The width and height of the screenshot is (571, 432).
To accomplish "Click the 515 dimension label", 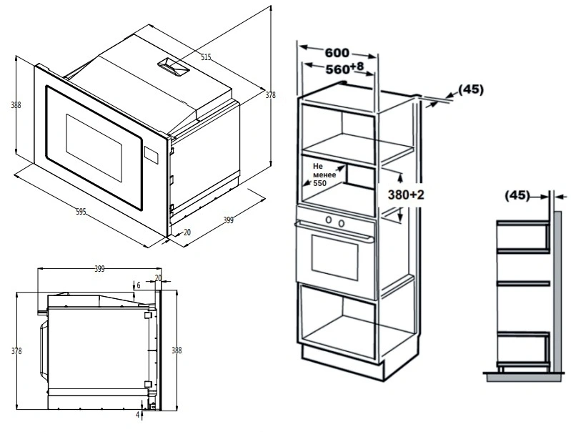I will click(x=207, y=57).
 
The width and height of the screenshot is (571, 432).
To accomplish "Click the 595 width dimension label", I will click(x=81, y=212).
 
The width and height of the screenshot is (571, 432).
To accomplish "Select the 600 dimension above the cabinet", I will click(x=337, y=53).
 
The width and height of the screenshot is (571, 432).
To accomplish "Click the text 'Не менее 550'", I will click(x=324, y=173).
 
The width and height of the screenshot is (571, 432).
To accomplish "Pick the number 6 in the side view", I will click(x=139, y=285).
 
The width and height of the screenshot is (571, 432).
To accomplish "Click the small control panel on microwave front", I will click(x=151, y=154).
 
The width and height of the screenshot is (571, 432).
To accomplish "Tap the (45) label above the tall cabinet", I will click(x=470, y=89).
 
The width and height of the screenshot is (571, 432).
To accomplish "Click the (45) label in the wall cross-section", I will click(x=517, y=195).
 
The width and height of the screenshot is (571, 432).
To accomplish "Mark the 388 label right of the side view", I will click(x=177, y=350).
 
